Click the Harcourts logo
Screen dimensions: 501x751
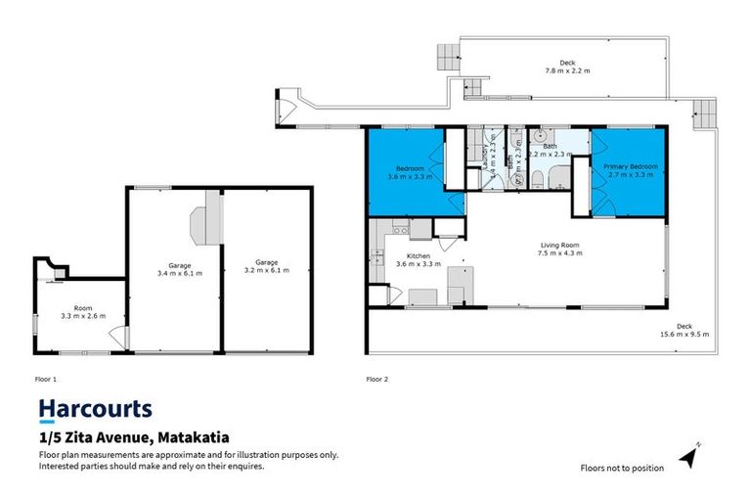point(94,409)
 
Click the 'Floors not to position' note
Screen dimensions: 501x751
point(621,468)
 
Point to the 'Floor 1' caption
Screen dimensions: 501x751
point(47,378)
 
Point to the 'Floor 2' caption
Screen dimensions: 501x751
point(377,378)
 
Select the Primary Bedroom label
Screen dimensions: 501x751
point(630,170)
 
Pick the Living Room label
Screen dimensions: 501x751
point(561,249)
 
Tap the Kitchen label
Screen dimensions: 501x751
point(418,260)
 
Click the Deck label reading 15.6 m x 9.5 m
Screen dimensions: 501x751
point(678,331)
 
